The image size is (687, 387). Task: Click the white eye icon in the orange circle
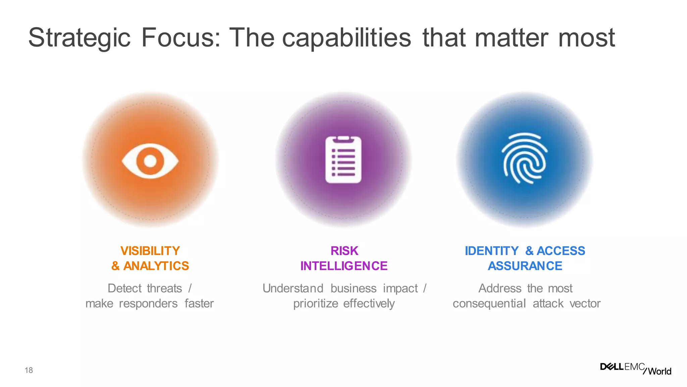[x=150, y=161]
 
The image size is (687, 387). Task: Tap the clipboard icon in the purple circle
[x=343, y=160]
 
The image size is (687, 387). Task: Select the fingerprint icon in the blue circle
[x=524, y=158]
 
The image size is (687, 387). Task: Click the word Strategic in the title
[x=79, y=38]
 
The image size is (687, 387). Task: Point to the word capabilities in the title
[x=346, y=38]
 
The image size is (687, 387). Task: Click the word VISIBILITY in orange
[x=150, y=251]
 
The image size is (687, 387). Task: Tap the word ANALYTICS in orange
[x=156, y=266]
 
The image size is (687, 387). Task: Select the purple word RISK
[x=344, y=251]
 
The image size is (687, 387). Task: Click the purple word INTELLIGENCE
[x=344, y=266]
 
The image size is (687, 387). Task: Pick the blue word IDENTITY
[x=491, y=251]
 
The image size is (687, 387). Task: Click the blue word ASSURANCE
[x=525, y=266]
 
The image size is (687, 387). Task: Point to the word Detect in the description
[x=124, y=288]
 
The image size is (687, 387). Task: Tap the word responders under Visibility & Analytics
[x=148, y=303]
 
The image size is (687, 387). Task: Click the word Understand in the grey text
[x=293, y=288]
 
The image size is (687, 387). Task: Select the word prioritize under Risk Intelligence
[x=315, y=303]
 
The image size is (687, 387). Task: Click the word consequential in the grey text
[x=489, y=303]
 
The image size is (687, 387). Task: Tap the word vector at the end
[x=585, y=303]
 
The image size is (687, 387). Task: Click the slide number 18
[x=29, y=370]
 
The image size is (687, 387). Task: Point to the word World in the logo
[x=659, y=371]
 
